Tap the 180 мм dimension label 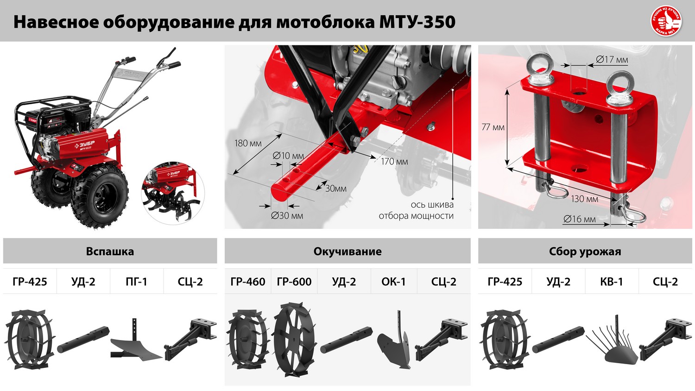coord(248,144)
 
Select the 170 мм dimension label coord(394,162)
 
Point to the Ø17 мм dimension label coord(612,59)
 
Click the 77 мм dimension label coord(493,127)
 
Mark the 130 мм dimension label coord(584,199)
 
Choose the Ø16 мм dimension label coord(579,219)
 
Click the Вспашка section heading coord(110,252)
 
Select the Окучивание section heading coord(347,252)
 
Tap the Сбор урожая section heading coord(585,252)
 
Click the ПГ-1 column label coord(136,282)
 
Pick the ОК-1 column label coord(393,282)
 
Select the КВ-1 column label coord(612,282)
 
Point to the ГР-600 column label coord(294,282)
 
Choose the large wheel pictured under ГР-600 coord(294,341)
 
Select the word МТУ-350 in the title coord(417,22)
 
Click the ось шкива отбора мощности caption coord(416,210)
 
